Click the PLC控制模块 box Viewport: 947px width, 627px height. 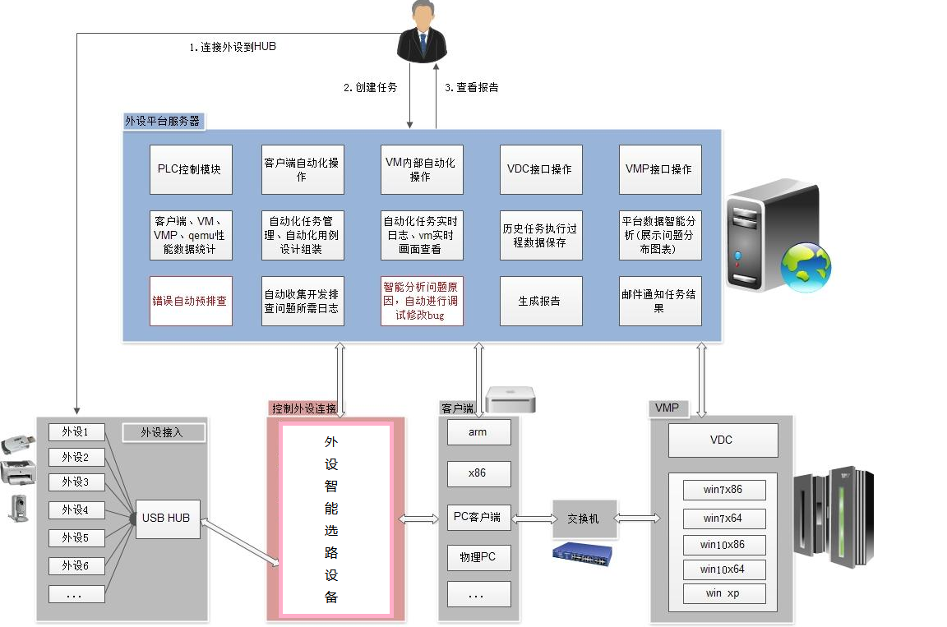click(191, 169)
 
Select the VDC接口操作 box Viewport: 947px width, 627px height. click(540, 169)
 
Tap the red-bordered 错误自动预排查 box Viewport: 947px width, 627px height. click(191, 301)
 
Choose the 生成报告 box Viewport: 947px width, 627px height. click(540, 301)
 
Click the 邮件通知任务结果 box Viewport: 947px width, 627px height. click(659, 301)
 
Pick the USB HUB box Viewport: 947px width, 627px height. click(166, 518)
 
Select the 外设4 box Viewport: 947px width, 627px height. click(76, 510)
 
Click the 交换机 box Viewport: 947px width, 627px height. click(584, 519)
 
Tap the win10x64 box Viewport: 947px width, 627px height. click(723, 569)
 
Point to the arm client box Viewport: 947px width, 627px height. click(478, 432)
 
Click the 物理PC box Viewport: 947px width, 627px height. click(478, 557)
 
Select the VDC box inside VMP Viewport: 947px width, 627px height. click(722, 440)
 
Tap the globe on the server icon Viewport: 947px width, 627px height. click(806, 266)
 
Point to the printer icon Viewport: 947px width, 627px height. click(18, 473)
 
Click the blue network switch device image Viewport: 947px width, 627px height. click(583, 556)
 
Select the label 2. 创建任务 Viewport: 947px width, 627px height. click(370, 88)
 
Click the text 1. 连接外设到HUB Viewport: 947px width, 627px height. click(233, 48)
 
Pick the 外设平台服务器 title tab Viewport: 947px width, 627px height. click(162, 121)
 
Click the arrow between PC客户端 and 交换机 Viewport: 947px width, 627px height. click(532, 519)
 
